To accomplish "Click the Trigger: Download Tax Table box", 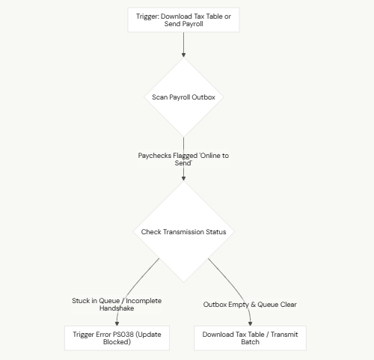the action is tap(183, 20).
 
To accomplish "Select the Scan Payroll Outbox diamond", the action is tap(184, 97).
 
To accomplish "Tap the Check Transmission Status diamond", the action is tap(184, 232).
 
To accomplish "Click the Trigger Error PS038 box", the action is tap(117, 338).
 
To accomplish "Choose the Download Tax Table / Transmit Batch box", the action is tap(250, 338).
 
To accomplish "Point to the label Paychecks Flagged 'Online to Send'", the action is tap(183, 159).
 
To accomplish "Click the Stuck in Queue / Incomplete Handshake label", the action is tap(117, 305).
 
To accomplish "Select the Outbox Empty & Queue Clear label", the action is tap(250, 305).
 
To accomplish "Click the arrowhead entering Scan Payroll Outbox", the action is tap(184, 55).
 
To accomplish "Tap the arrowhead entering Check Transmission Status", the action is tap(184, 179).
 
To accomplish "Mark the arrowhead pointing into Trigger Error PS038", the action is tap(117, 323).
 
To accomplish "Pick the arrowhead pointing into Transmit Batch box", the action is tap(250, 323).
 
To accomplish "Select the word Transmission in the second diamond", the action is tap(183, 232).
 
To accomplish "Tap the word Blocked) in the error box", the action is tap(117, 342).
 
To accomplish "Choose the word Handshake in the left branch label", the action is tap(117, 308).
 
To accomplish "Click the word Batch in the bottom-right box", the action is tap(250, 342).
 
